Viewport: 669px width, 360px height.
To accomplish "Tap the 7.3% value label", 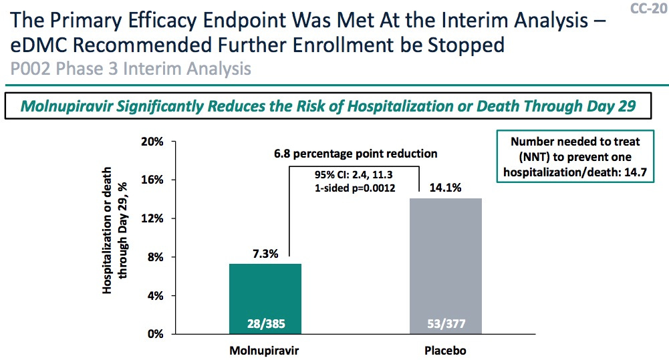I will click(x=265, y=253).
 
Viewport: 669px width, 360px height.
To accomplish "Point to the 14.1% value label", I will click(x=445, y=188).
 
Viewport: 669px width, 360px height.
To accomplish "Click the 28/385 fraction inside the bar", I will click(x=266, y=325).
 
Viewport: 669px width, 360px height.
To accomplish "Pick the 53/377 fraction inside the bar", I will click(x=446, y=325).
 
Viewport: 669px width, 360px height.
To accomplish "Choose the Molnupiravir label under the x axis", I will click(x=266, y=350).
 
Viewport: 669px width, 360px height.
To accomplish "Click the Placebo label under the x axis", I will click(x=446, y=350).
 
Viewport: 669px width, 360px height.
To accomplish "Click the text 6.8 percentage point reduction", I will click(x=355, y=154).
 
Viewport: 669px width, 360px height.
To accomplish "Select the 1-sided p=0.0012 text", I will click(x=355, y=188).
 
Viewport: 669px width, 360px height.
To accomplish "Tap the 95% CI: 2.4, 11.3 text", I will click(x=355, y=176).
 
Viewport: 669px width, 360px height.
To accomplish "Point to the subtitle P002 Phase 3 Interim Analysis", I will click(x=130, y=69).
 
